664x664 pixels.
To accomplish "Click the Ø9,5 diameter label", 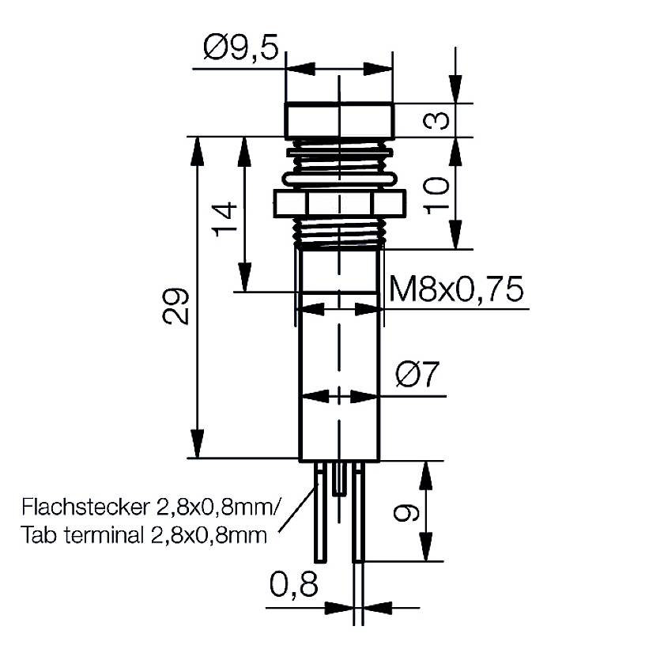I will click(240, 50).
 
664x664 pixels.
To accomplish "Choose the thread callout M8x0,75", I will click(457, 291).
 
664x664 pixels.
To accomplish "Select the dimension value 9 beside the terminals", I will click(406, 514).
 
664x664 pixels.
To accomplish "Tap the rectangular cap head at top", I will click(339, 120).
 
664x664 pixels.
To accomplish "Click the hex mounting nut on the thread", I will click(339, 204).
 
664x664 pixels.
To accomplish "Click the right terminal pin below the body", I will click(357, 514).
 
